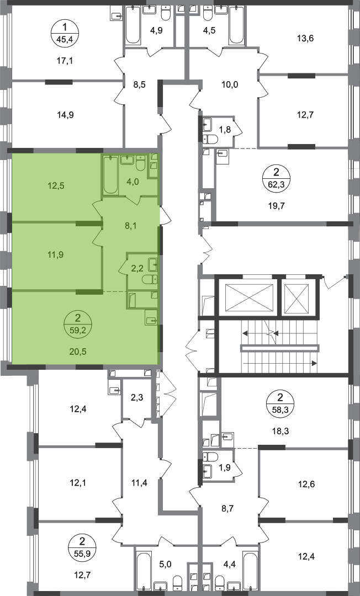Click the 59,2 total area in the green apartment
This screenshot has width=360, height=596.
click(x=78, y=329)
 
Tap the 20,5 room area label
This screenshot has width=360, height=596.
click(x=78, y=352)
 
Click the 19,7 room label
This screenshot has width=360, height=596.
click(x=277, y=206)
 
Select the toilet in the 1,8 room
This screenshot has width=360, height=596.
click(x=210, y=140)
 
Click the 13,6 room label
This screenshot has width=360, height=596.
click(x=306, y=39)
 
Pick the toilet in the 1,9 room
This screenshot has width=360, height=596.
click(x=210, y=456)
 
